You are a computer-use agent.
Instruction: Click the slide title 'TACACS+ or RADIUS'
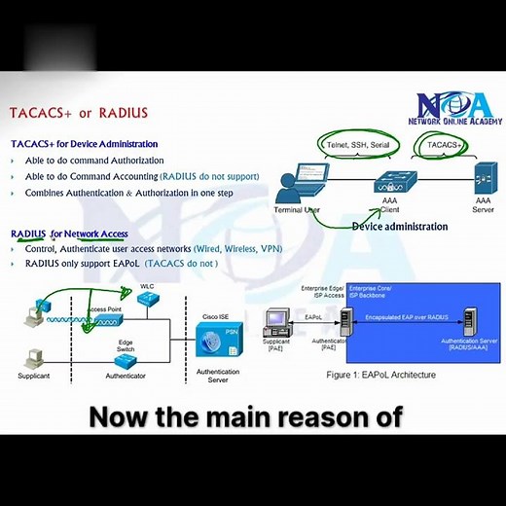(x=79, y=113)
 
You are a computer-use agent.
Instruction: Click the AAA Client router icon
(x=395, y=182)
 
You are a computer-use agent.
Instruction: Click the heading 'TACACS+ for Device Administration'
(x=84, y=144)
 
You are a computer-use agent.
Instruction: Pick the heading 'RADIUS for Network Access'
(x=69, y=234)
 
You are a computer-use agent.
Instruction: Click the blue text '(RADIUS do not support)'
(x=209, y=177)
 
